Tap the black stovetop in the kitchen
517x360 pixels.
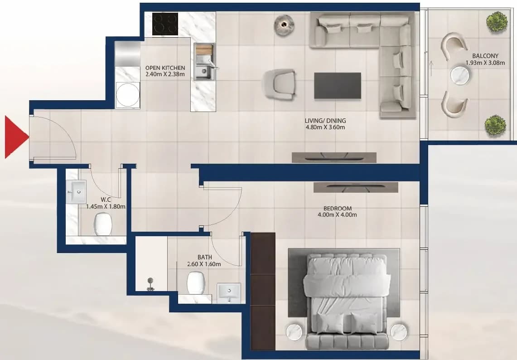(x=165, y=24)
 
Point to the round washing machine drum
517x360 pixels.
(x=128, y=95)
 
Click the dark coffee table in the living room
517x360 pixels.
(x=337, y=86)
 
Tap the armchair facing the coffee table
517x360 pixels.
(x=279, y=84)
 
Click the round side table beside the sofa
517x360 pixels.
(x=284, y=25)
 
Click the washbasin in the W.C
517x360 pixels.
(x=76, y=191)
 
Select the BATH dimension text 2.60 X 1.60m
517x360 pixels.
(x=204, y=264)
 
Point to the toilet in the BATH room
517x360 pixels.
(x=196, y=282)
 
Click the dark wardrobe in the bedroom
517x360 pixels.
(x=263, y=291)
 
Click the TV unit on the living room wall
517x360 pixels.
(x=333, y=158)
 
